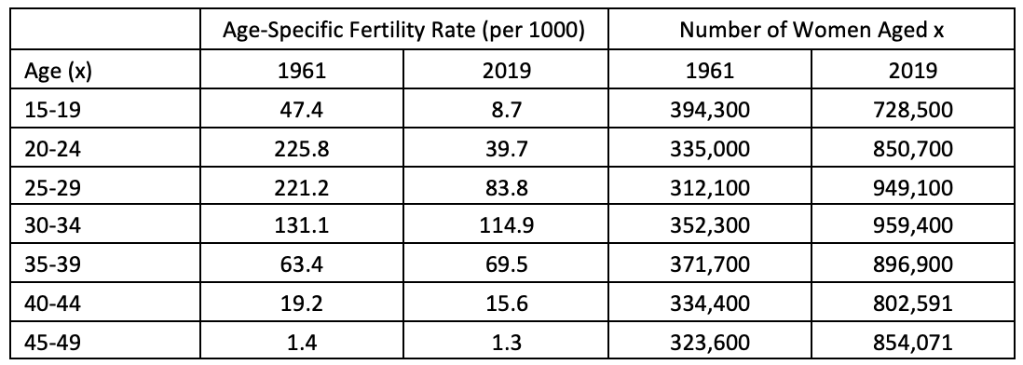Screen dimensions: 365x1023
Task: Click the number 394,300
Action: coord(710,111)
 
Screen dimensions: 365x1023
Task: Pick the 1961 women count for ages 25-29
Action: coord(710,188)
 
